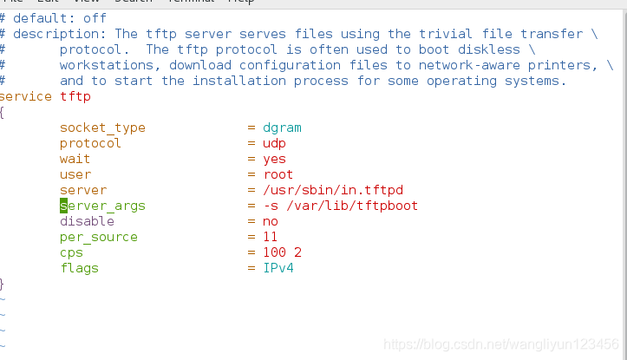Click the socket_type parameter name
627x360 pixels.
pos(102,128)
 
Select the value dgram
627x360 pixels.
pos(283,128)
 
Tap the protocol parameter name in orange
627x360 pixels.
pos(90,143)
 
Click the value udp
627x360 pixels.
pos(275,143)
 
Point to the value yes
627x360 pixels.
pos(275,159)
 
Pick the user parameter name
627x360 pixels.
pos(75,174)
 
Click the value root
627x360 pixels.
pos(278,174)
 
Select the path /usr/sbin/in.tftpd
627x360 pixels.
pos(334,190)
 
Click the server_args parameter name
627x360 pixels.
pos(102,206)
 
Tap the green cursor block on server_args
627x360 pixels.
pos(63,206)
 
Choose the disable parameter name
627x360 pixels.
pos(87,221)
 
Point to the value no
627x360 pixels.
pos(271,221)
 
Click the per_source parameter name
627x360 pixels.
pos(98,237)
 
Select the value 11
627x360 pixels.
pos(271,237)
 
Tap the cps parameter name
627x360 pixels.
pos(71,252)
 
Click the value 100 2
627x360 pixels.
pos(283,252)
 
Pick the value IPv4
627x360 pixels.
pos(278,268)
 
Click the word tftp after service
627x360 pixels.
pos(75,96)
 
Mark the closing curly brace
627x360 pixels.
pos(3,284)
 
